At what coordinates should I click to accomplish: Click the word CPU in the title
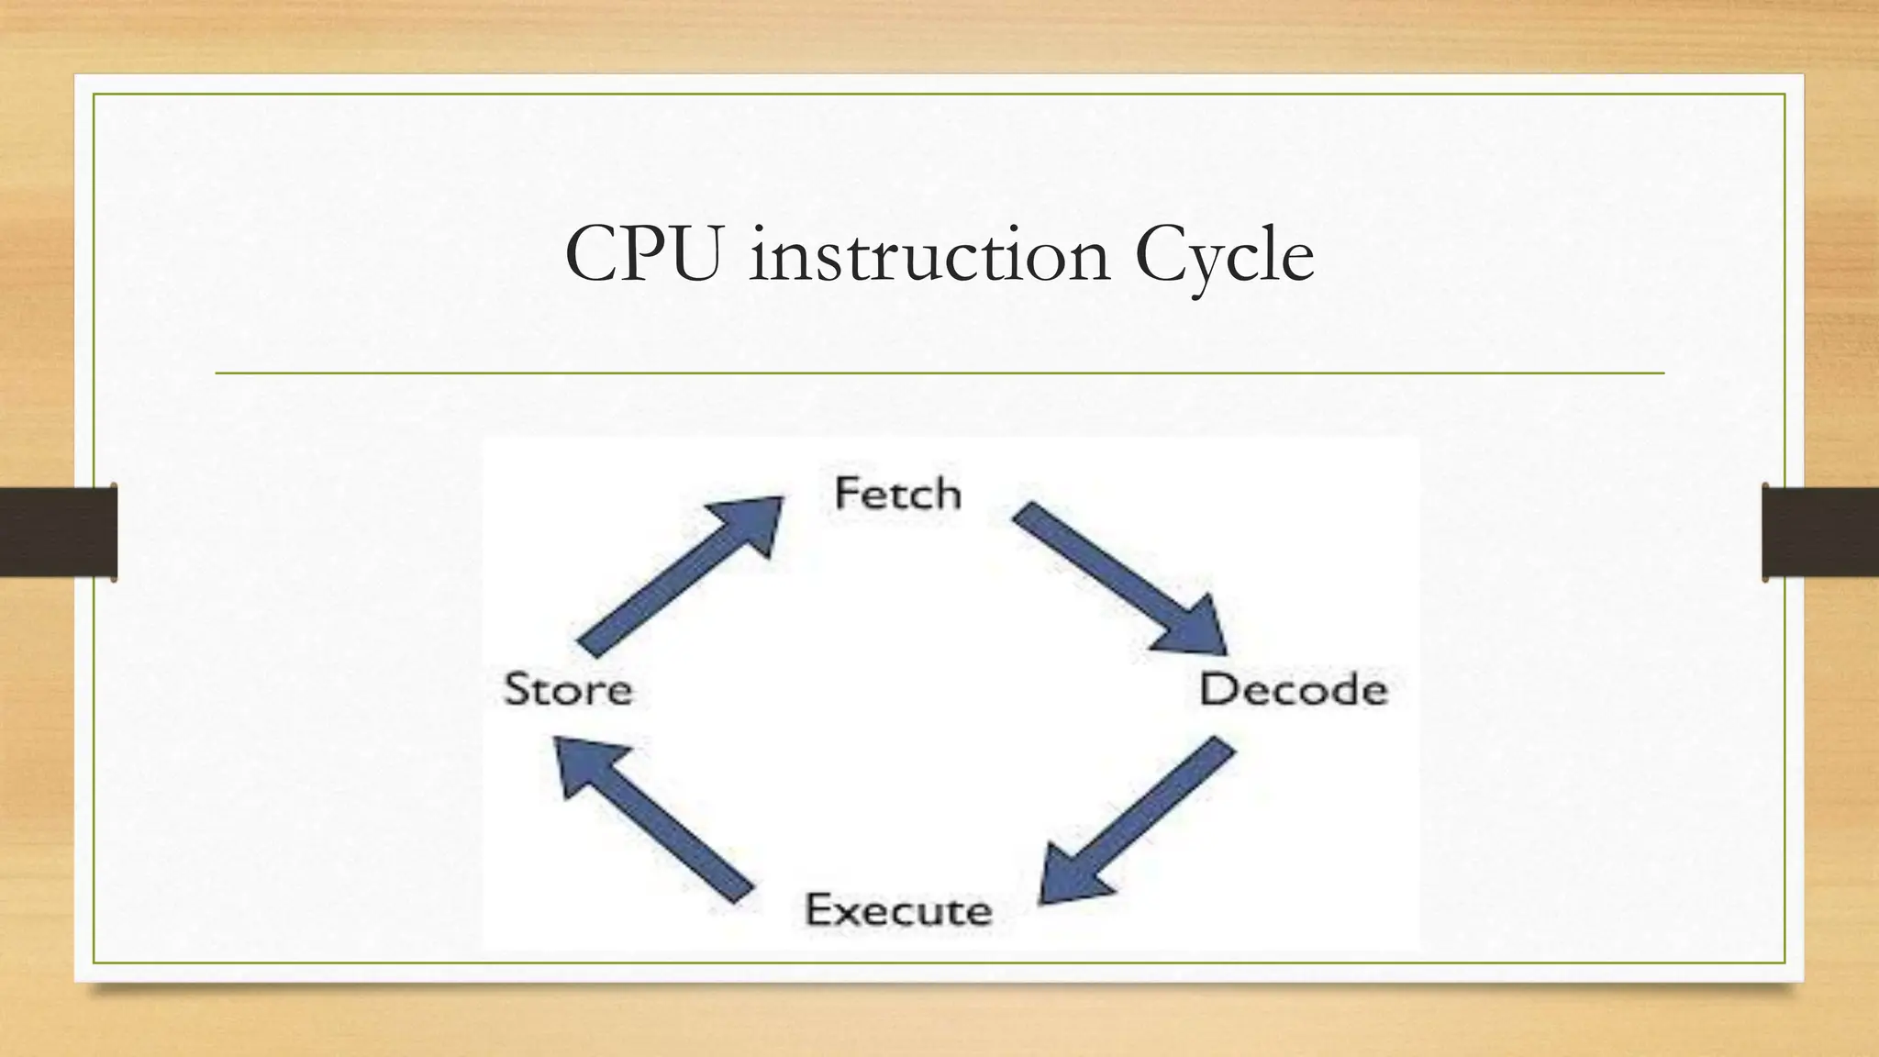[642, 254]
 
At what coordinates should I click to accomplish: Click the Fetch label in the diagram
[897, 495]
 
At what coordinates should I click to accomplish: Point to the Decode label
[1293, 690]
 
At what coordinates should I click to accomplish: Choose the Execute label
[898, 910]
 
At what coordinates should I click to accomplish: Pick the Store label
[568, 690]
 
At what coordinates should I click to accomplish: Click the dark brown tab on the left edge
[58, 532]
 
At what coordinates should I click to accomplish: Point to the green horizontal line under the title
[939, 373]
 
